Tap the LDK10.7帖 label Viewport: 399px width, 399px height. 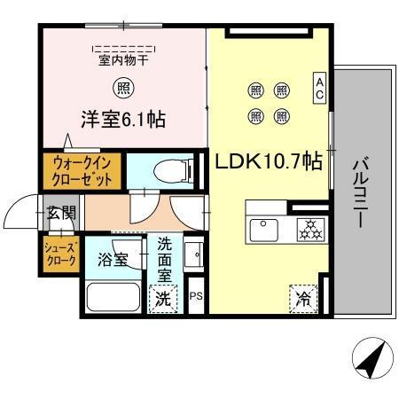coord(265,161)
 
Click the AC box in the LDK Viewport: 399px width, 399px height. coord(319,87)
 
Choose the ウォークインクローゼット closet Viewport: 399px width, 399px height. coord(82,170)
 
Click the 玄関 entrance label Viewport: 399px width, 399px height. coord(61,213)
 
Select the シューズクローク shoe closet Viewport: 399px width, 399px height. coord(61,254)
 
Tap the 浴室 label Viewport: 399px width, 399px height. coord(113,260)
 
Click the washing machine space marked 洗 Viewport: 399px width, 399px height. coord(164,299)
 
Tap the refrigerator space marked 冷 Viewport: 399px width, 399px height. coord(302,298)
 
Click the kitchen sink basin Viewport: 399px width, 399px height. coord(264,228)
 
